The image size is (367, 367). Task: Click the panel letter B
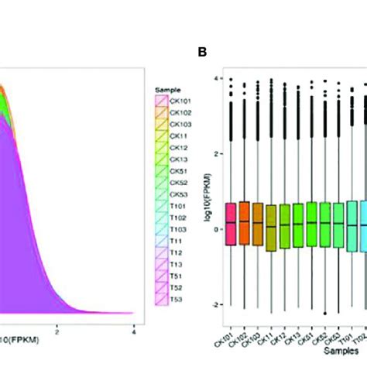click(x=202, y=53)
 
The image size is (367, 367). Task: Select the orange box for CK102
click(x=244, y=223)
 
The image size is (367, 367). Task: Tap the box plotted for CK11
click(x=271, y=228)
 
